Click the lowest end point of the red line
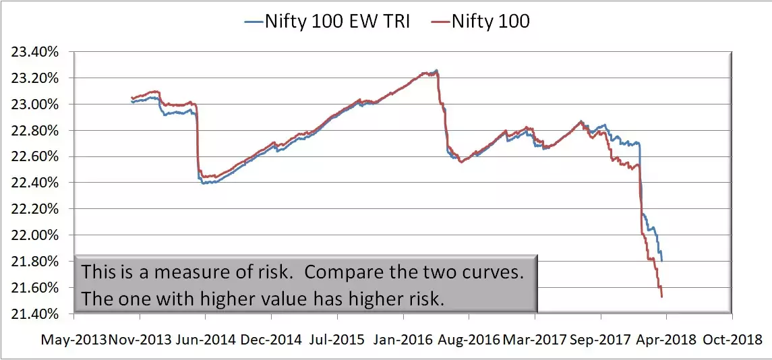[662, 297]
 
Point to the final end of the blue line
[662, 261]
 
